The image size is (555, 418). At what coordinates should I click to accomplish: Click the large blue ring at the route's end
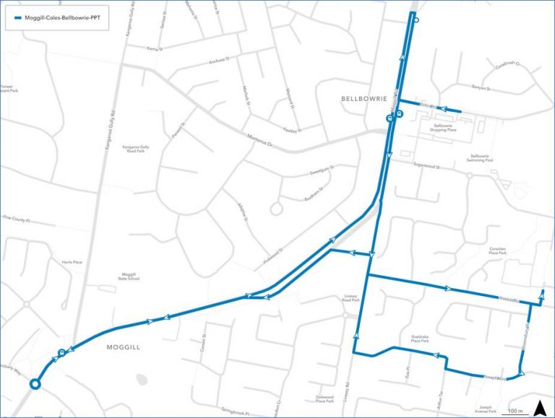click(x=34, y=384)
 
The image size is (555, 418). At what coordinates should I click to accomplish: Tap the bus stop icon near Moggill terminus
click(x=62, y=353)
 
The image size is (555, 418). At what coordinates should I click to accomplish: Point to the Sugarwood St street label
click(x=427, y=165)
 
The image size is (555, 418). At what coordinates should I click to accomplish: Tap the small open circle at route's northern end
click(x=416, y=21)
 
